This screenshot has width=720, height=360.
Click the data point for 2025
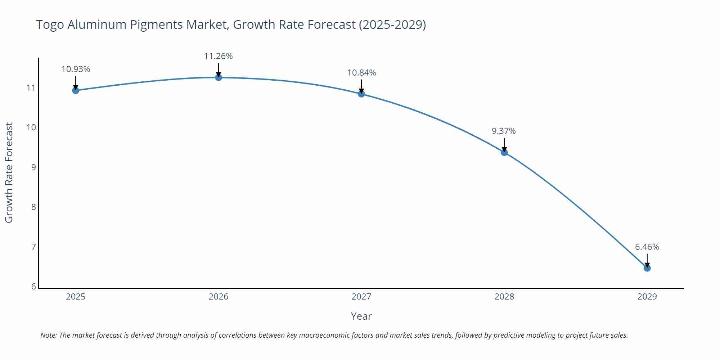coord(76,90)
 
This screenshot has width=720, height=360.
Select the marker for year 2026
coord(219,77)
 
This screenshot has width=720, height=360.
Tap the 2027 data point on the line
coord(361,94)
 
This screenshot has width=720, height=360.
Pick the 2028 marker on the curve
coord(504,152)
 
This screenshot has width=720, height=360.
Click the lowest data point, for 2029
coord(647,268)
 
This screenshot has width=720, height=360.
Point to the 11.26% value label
coord(218,56)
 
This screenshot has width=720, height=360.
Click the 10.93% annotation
coord(76,69)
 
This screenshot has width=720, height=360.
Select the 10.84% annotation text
coord(361,73)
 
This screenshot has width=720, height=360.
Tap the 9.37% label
coord(504,131)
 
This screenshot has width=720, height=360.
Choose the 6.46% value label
coord(647,247)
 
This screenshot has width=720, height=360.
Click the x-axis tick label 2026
coord(219,297)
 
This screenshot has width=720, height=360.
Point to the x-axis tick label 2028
coord(504,297)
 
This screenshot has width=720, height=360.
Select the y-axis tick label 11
coord(31,87)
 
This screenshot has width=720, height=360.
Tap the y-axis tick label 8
coord(33,207)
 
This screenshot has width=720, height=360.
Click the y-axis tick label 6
coord(33,287)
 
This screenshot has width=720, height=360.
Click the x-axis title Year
coord(361,316)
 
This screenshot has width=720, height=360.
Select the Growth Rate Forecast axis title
coord(9,172)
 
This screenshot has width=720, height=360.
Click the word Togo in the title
coord(50,25)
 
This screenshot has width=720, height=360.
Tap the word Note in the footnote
coord(48,335)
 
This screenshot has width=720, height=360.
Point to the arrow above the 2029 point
coord(647,260)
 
